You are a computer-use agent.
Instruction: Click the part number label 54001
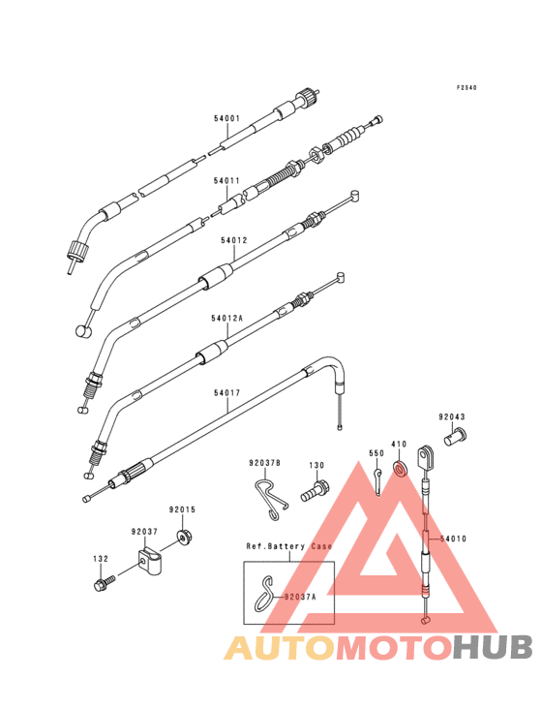click(226, 119)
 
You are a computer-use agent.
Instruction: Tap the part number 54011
click(226, 181)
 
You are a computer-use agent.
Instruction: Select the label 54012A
click(226, 319)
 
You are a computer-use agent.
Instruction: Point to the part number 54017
click(226, 393)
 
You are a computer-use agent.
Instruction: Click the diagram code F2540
click(467, 88)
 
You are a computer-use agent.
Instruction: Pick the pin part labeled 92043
click(455, 437)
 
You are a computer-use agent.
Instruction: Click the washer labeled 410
click(400, 468)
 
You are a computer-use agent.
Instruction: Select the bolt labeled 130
click(315, 491)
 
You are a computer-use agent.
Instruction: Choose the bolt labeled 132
click(104, 583)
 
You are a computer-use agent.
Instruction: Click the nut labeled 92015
click(184, 538)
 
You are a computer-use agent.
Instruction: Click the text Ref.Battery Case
click(289, 546)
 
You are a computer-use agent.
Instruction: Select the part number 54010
click(453, 539)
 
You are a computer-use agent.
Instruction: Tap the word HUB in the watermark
click(494, 647)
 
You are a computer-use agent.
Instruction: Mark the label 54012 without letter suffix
click(234, 240)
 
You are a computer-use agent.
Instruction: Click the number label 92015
click(183, 510)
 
